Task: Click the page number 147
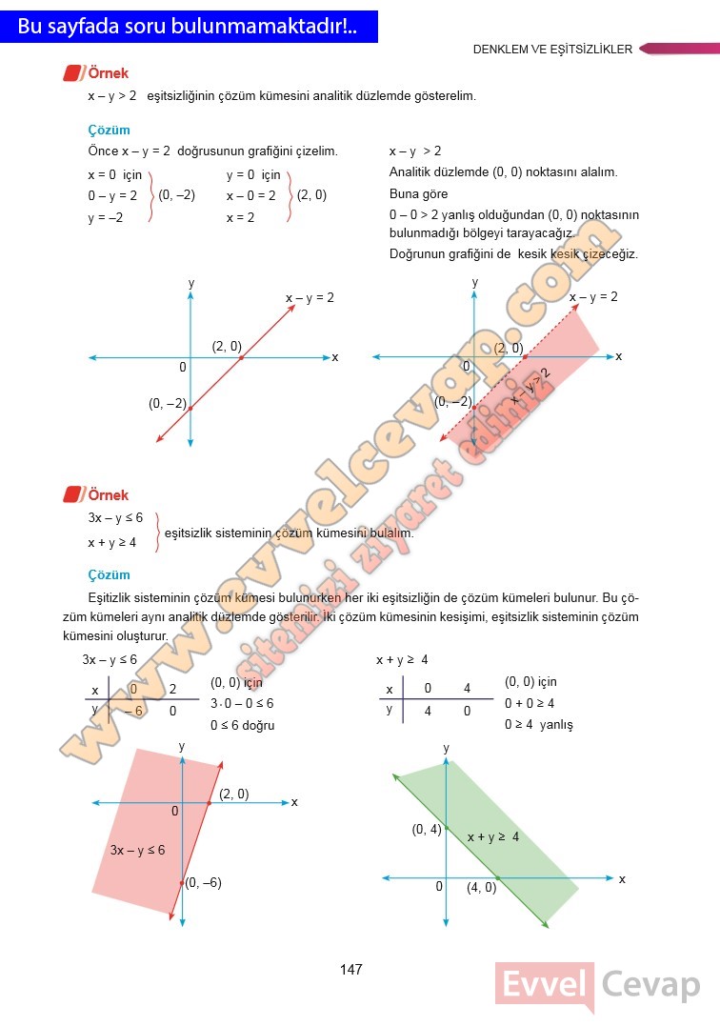tap(351, 970)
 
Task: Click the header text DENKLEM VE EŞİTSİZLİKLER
tap(552, 50)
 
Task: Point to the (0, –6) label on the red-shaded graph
tap(203, 883)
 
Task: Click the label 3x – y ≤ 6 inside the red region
tap(137, 850)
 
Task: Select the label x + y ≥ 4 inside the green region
tap(492, 837)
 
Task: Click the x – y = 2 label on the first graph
tap(310, 298)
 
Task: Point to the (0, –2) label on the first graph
tap(168, 403)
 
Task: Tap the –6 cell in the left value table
tap(133, 711)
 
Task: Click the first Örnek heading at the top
tap(108, 73)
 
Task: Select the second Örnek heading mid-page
tap(108, 495)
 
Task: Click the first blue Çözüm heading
tap(109, 131)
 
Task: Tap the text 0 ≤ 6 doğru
tap(242, 725)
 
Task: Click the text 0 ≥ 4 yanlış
tap(538, 725)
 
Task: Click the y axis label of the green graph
tap(446, 749)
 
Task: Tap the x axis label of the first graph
tap(335, 357)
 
